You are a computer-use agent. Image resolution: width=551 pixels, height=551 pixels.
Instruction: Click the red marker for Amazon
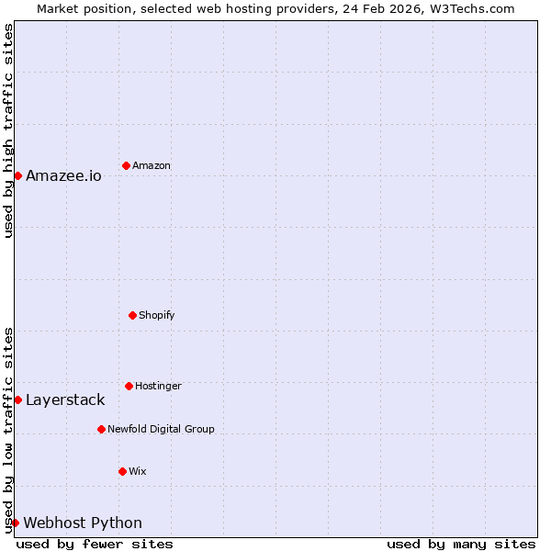pyautogui.click(x=126, y=165)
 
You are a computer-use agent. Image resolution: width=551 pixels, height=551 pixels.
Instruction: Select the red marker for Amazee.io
pyautogui.click(x=17, y=175)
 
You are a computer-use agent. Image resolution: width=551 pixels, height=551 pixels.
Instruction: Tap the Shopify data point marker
pyautogui.click(x=132, y=315)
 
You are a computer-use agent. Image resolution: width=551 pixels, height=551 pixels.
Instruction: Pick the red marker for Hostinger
pyautogui.click(x=129, y=386)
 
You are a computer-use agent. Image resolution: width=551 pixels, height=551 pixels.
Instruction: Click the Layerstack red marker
pyautogui.click(x=17, y=399)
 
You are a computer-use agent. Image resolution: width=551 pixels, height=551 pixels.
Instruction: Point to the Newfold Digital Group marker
pyautogui.click(x=101, y=429)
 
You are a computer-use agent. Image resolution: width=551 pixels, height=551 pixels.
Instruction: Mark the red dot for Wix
pyautogui.click(x=122, y=471)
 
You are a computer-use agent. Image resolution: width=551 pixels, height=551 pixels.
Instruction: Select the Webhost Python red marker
pyautogui.click(x=15, y=523)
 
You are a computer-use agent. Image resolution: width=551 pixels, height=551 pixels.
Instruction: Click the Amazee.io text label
pyautogui.click(x=63, y=175)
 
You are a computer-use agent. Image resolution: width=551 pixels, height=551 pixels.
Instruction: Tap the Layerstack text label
pyautogui.click(x=65, y=399)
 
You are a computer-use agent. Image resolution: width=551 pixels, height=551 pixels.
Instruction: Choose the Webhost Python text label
pyautogui.click(x=83, y=523)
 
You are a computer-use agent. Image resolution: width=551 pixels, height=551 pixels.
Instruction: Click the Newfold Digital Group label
pyautogui.click(x=161, y=429)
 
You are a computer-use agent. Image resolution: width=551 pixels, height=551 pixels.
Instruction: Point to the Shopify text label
pyautogui.click(x=156, y=315)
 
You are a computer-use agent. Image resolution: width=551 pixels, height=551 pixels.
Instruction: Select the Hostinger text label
pyautogui.click(x=158, y=386)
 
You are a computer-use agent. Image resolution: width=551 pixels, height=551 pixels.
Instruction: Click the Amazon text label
pyautogui.click(x=152, y=165)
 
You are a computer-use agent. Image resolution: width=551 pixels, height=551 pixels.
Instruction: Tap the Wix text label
pyautogui.click(x=138, y=471)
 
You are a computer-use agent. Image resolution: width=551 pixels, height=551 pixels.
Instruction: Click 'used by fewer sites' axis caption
pyautogui.click(x=95, y=544)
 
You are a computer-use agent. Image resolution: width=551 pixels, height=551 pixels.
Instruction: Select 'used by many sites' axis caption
pyautogui.click(x=461, y=544)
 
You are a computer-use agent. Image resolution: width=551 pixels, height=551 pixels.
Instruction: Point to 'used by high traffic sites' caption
pyautogui.click(x=8, y=130)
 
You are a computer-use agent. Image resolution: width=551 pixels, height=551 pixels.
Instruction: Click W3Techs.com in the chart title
pyautogui.click(x=471, y=8)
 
